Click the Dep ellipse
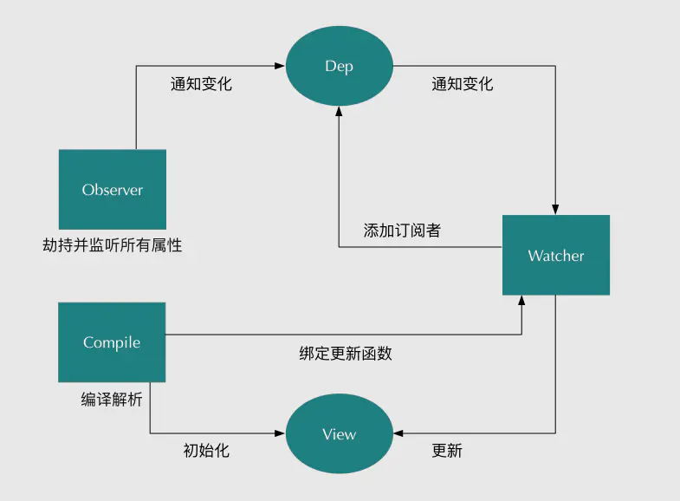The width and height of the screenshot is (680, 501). (x=339, y=66)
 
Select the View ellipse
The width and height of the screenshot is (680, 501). (x=339, y=434)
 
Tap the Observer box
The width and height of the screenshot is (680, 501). (x=113, y=189)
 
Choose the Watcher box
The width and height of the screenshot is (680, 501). (x=555, y=256)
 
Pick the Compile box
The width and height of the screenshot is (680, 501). (x=112, y=342)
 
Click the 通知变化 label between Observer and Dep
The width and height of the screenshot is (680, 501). (x=201, y=85)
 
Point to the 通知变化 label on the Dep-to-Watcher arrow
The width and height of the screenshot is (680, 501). (x=462, y=84)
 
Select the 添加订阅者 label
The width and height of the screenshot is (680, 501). (x=402, y=231)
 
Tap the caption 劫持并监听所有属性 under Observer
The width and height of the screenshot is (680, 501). (x=113, y=245)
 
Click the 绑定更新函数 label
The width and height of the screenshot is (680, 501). (x=346, y=354)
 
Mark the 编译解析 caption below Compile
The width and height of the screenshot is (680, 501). (x=112, y=400)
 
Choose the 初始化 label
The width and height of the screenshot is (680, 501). (x=206, y=451)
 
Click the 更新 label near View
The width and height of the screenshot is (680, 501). (x=447, y=451)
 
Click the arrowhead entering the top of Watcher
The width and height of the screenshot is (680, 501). (x=555, y=210)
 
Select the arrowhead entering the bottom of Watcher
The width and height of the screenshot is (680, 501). (x=521, y=300)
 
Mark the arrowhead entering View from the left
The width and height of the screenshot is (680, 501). (x=281, y=434)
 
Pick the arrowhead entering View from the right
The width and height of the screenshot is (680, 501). (x=398, y=434)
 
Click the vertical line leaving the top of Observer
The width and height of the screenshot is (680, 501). (x=136, y=108)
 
